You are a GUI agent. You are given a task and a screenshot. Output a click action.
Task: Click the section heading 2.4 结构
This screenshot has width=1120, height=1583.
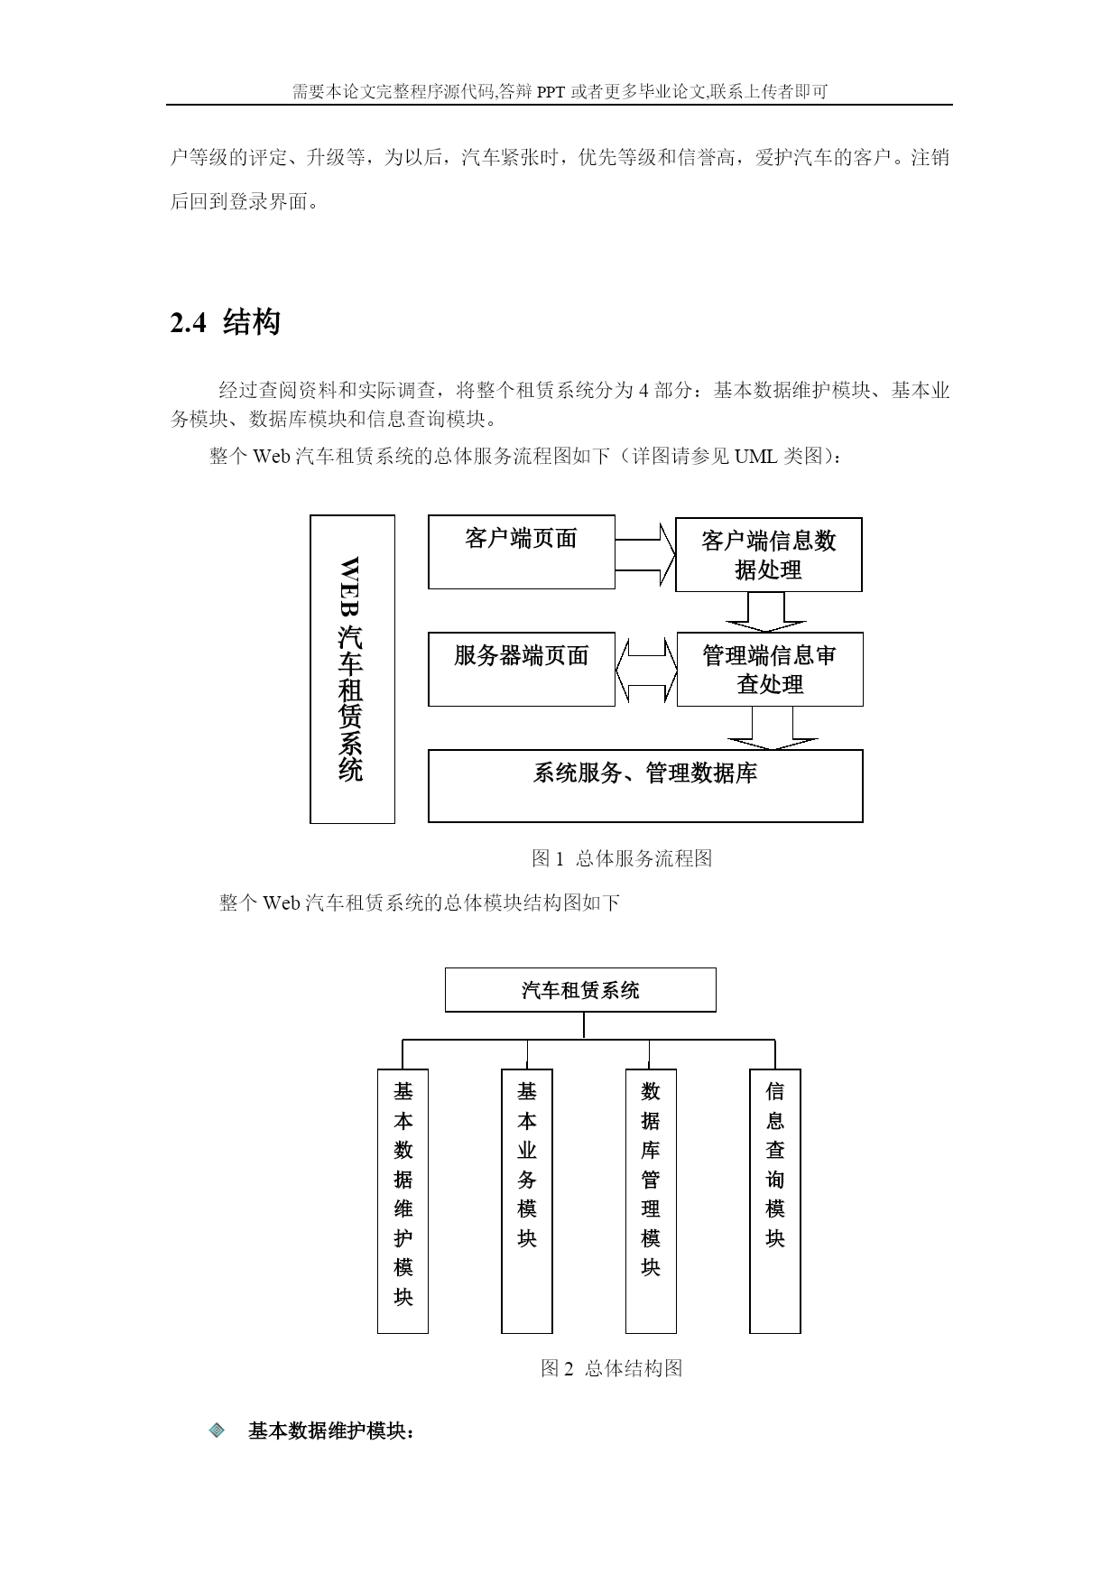click(225, 322)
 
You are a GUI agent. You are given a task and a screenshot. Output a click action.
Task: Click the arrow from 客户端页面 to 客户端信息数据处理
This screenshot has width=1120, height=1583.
click(645, 554)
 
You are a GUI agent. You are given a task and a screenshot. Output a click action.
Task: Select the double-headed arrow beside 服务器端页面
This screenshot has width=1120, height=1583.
click(646, 670)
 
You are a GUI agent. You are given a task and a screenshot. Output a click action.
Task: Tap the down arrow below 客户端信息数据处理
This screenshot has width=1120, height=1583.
click(766, 612)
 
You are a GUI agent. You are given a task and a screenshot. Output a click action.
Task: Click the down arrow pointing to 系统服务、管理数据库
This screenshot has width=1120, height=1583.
click(773, 728)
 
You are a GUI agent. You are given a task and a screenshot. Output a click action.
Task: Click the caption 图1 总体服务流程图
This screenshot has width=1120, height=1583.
click(622, 858)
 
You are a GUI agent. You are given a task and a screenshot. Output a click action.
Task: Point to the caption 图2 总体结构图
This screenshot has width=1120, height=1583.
click(612, 1368)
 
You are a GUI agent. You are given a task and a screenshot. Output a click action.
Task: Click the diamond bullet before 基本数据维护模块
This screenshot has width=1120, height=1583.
click(218, 1430)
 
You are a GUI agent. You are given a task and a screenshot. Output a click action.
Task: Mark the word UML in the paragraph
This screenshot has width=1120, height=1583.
click(755, 456)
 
